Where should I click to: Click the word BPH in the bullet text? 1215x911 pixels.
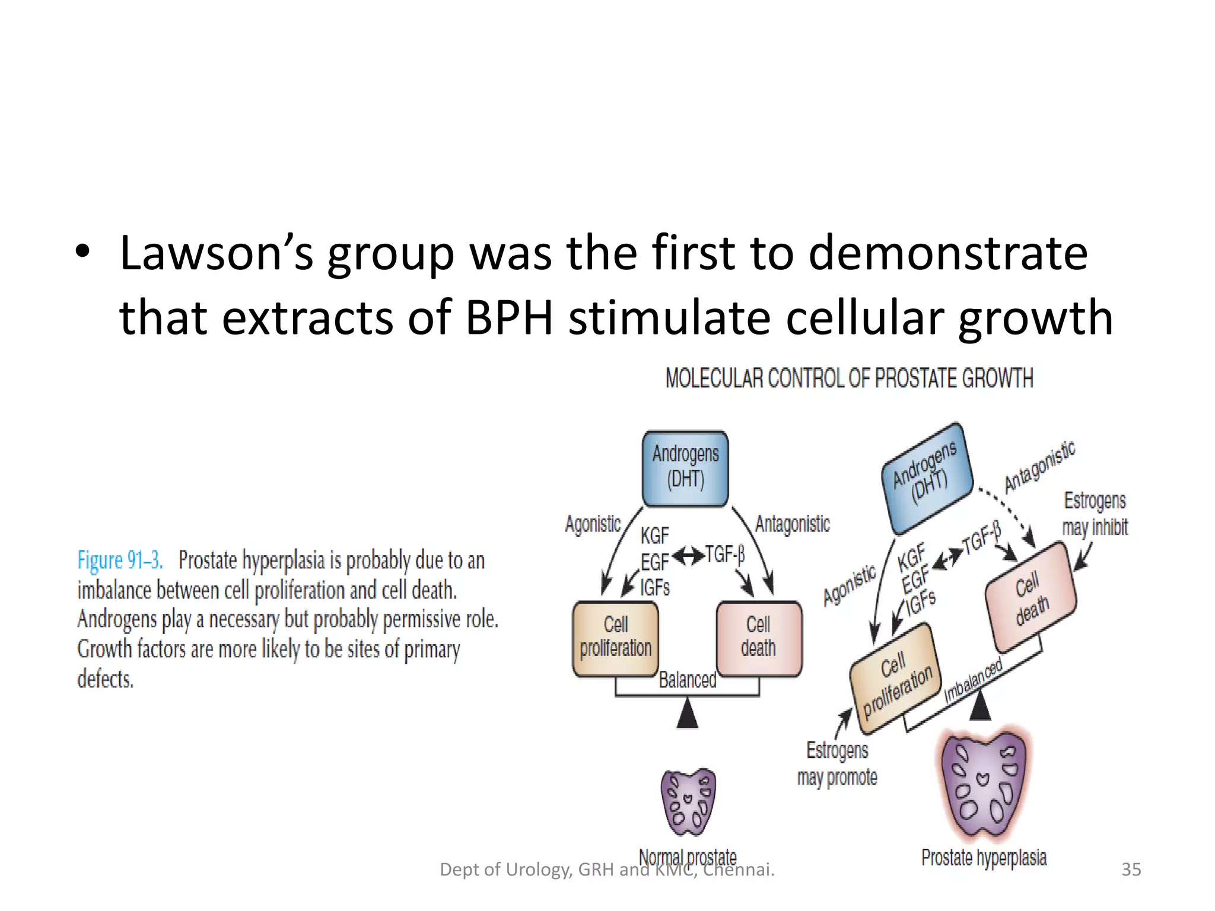point(509,318)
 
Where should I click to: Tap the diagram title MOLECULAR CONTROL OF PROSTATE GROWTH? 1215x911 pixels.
point(849,378)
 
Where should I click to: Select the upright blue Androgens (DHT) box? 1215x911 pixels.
point(685,469)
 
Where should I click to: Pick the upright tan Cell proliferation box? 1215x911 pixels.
point(615,638)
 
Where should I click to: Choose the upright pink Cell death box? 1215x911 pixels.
point(758,638)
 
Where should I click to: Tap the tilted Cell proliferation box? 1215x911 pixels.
point(896,680)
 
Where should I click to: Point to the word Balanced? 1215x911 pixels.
point(687,680)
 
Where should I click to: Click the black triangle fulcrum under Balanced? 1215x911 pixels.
point(687,713)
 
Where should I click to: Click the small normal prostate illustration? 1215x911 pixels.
point(688,802)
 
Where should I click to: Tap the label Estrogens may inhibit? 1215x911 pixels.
point(1095,514)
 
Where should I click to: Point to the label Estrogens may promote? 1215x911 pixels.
point(837,764)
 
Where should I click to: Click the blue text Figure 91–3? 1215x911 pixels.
point(120,560)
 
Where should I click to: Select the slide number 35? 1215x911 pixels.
point(1131,869)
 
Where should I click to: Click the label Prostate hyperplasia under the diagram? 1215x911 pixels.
point(984,858)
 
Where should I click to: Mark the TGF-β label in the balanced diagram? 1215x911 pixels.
point(724,555)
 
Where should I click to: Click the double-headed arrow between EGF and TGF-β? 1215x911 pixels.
point(688,556)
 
